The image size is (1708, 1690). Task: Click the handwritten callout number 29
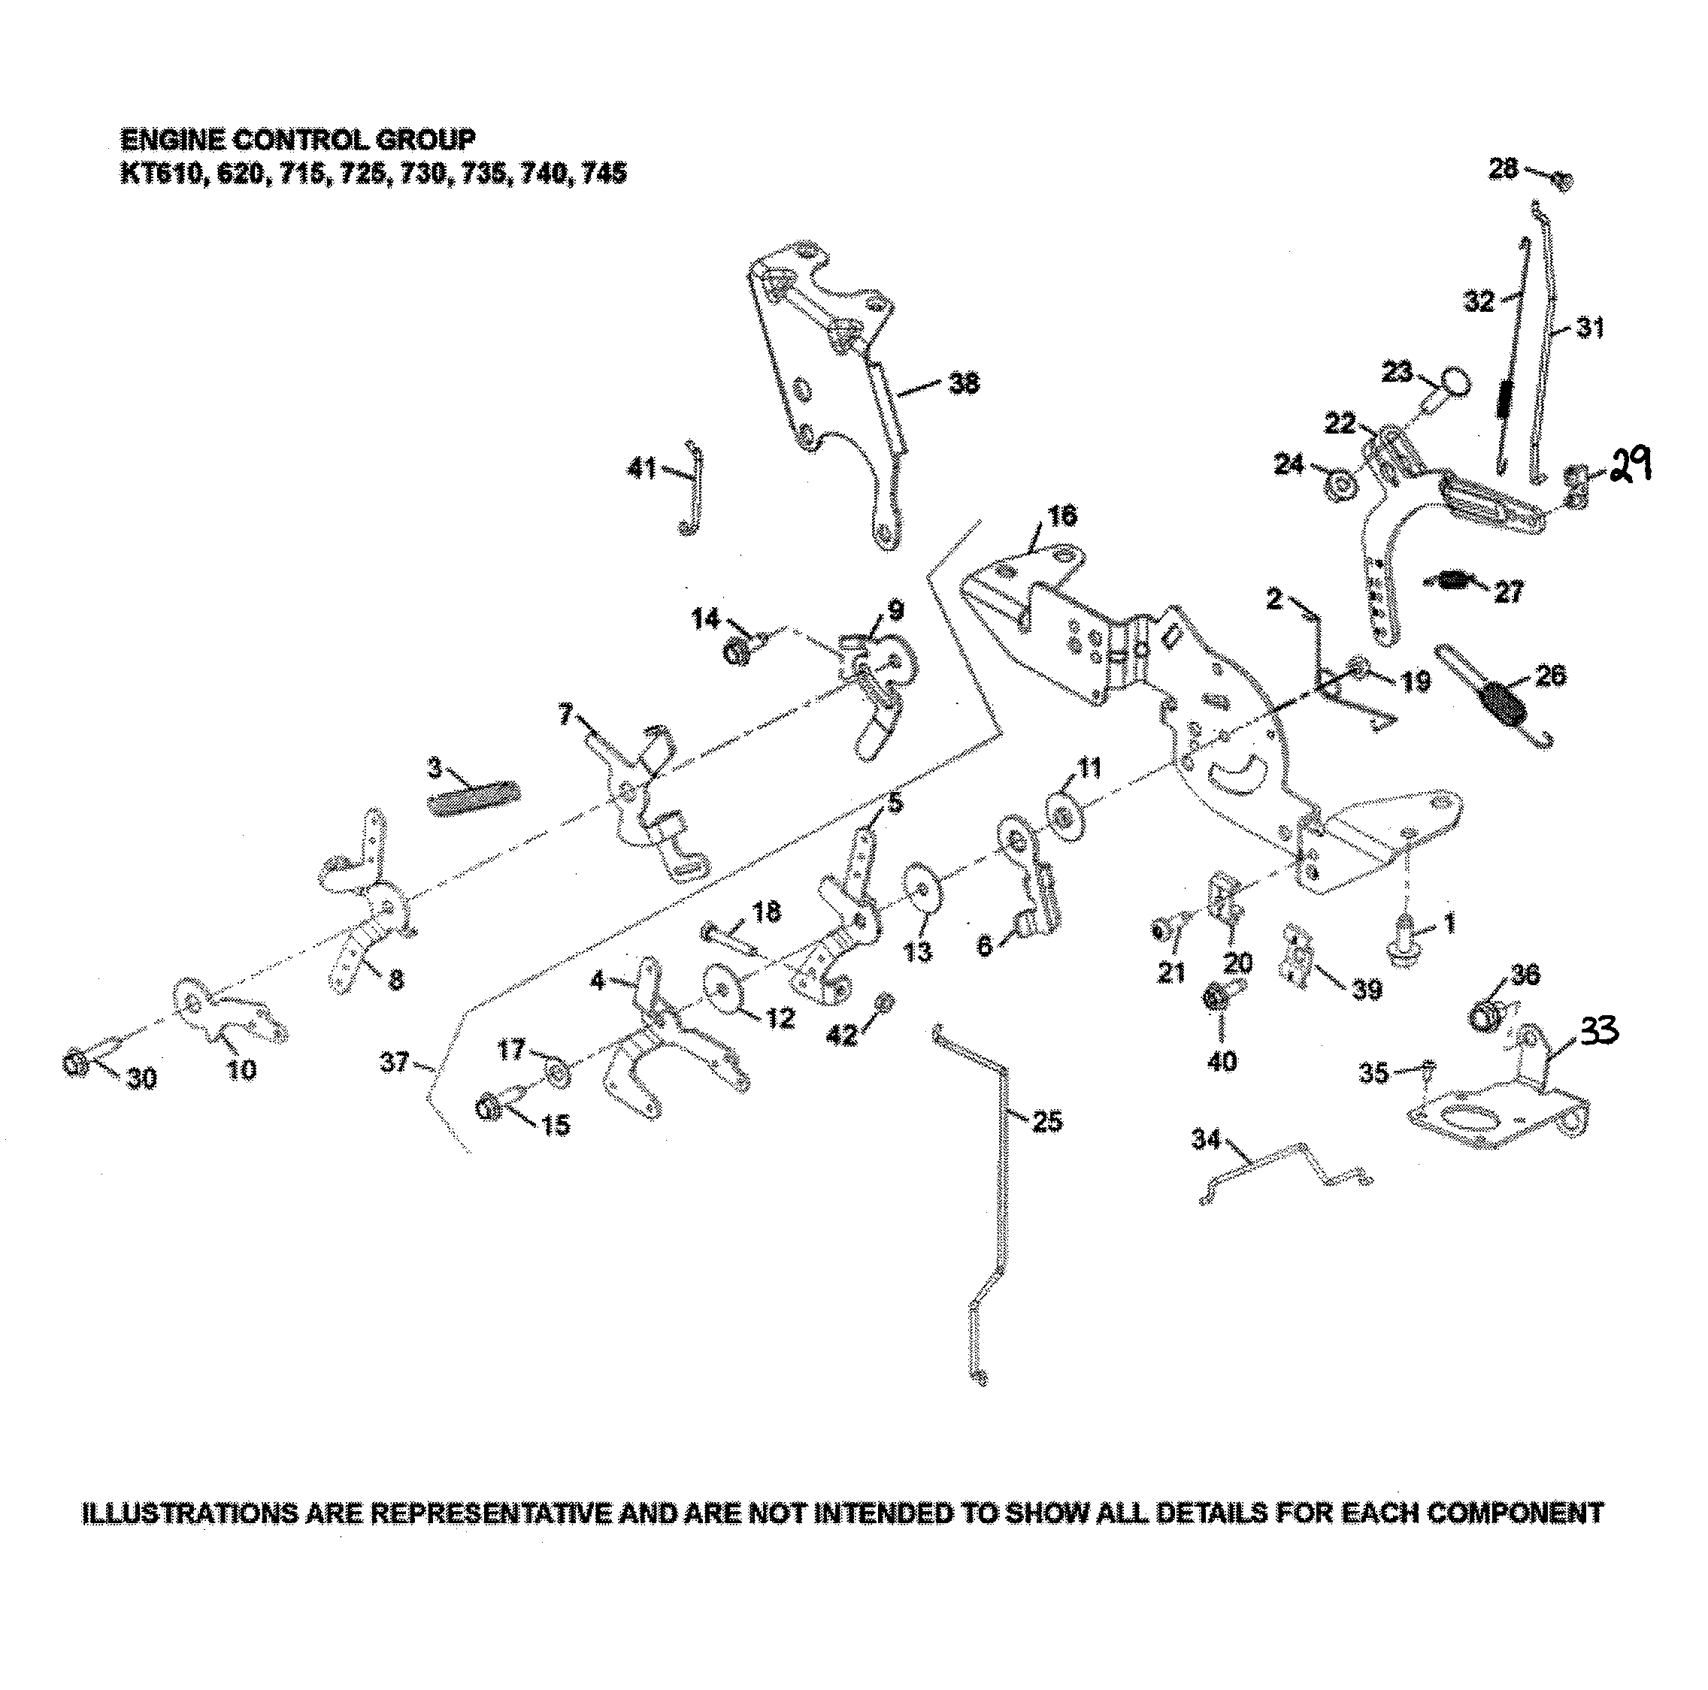(x=1628, y=464)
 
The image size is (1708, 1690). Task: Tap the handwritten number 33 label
(x=1599, y=1032)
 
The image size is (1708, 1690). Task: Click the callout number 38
(x=964, y=382)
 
